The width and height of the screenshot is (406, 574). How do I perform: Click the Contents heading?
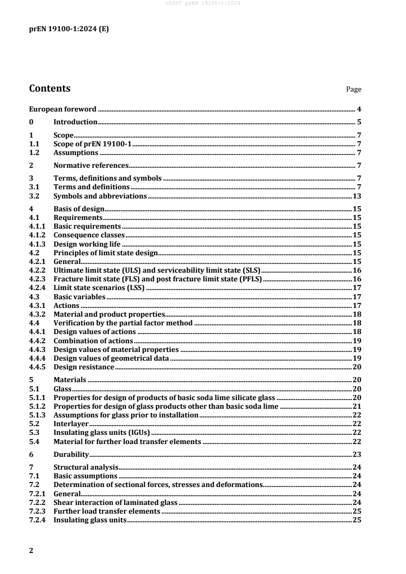[50, 89]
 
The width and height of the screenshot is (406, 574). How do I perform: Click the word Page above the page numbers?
[354, 90]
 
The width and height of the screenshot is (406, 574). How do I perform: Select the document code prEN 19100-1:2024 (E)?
[68, 29]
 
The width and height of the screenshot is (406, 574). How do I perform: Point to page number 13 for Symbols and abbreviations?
[357, 196]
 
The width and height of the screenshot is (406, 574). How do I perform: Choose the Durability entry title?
[72, 454]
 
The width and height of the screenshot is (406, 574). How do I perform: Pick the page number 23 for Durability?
[357, 454]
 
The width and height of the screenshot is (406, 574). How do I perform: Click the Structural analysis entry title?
[86, 467]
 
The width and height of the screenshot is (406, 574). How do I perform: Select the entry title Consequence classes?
[90, 235]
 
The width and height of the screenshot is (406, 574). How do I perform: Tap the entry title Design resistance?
[84, 367]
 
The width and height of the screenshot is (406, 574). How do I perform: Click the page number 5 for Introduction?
[359, 122]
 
